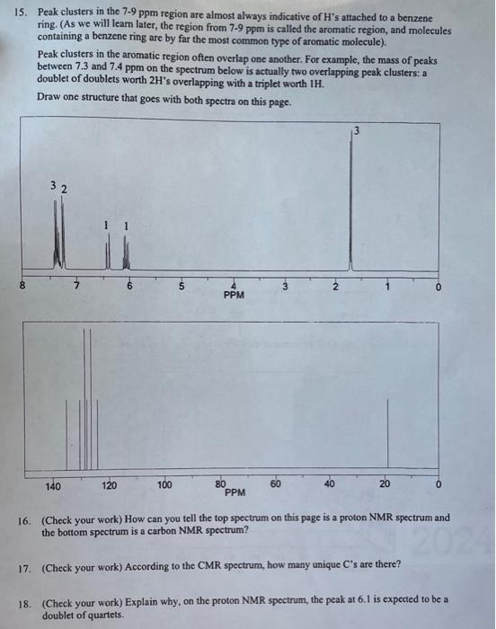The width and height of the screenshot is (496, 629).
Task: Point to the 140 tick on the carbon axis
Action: pos(53,485)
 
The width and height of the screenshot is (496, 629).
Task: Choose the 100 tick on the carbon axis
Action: pos(165,485)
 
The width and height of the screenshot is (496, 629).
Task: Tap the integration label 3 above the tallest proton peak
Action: pos(356,135)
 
